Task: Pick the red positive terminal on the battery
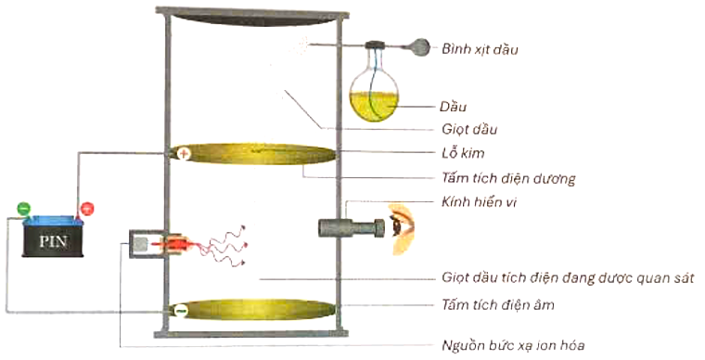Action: coord(86,209)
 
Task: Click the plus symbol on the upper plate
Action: coord(184,154)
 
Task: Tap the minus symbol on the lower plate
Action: coord(183,310)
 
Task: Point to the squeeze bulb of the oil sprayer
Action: coord(420,45)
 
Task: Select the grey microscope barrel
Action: coord(347,226)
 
